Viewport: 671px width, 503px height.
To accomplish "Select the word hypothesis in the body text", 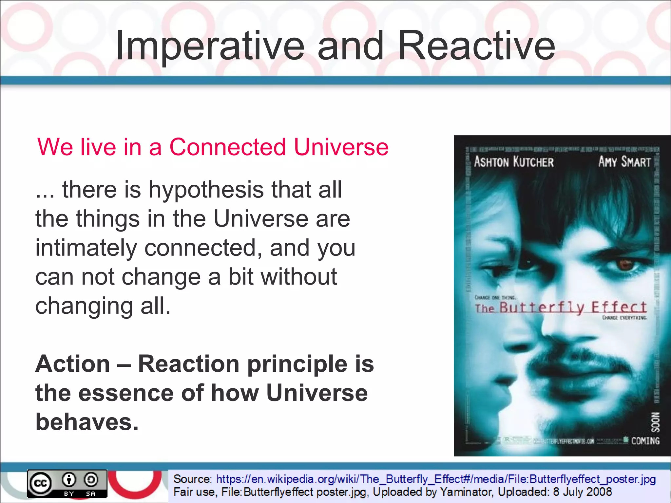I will click(x=206, y=190).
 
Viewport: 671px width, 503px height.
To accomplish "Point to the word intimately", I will click(x=86, y=248).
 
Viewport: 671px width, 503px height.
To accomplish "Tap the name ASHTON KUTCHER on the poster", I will click(x=513, y=162).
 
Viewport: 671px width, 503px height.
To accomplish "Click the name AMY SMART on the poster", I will click(x=624, y=162).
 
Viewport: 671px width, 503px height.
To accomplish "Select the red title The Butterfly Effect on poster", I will click(x=561, y=307).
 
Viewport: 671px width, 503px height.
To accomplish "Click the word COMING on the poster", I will click(x=645, y=441).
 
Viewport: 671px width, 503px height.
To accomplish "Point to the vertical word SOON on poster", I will click(x=655, y=422).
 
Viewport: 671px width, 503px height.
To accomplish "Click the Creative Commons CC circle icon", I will click(x=41, y=483).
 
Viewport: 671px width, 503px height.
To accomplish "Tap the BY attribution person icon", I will click(x=69, y=480).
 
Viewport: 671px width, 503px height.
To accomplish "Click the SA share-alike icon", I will click(x=91, y=480).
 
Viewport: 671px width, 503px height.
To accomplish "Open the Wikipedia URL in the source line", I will click(x=435, y=479).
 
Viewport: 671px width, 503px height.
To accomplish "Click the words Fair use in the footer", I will click(x=194, y=492).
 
